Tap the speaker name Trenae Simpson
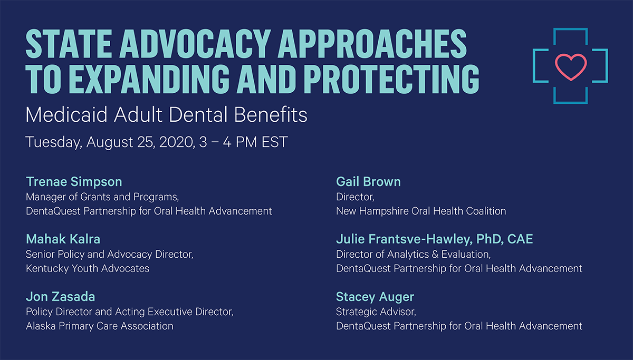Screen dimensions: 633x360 coord(74,182)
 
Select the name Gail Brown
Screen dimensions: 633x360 coord(368,181)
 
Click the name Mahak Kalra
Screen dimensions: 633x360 coord(63,239)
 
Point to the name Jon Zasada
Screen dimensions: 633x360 coord(61,296)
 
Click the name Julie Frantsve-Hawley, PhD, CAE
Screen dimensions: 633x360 coord(434,239)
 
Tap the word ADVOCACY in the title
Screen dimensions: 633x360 coord(195,44)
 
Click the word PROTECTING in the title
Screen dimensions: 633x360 coord(391,79)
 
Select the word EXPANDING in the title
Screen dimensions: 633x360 coord(149,79)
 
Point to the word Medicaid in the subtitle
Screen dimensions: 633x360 coord(66,114)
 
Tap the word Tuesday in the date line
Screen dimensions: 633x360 coord(54,142)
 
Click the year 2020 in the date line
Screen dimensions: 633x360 coord(177,142)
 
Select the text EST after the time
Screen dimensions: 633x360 coord(274,142)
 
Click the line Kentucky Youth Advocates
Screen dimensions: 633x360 coord(88,268)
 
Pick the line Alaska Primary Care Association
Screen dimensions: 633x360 coord(100,326)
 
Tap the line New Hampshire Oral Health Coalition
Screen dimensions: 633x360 coord(421,211)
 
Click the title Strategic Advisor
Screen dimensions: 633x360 coord(376,312)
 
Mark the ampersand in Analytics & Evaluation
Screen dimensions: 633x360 coord(435,255)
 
